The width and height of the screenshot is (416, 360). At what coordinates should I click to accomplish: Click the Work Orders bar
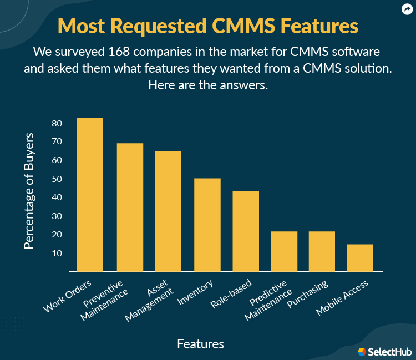(x=89, y=194)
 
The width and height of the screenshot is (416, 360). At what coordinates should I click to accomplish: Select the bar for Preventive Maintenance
(x=130, y=207)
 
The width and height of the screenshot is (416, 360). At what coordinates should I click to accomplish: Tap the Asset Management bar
(x=168, y=211)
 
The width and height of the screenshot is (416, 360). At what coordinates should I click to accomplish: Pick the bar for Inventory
(x=207, y=225)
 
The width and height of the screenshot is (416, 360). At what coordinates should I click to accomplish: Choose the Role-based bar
(x=246, y=231)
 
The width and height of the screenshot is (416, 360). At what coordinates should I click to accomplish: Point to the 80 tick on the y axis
(x=57, y=123)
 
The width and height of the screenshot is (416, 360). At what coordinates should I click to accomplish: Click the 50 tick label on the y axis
(x=57, y=179)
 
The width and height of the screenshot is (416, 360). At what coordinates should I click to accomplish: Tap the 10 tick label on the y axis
(x=57, y=253)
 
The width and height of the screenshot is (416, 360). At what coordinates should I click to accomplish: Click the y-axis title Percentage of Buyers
(x=29, y=190)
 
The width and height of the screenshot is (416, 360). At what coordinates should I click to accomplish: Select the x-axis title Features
(x=200, y=344)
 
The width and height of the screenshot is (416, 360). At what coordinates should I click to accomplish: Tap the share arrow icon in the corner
(x=406, y=9)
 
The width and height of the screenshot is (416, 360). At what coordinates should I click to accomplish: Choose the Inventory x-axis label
(x=196, y=293)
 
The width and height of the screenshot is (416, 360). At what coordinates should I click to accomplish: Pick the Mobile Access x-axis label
(x=341, y=297)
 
